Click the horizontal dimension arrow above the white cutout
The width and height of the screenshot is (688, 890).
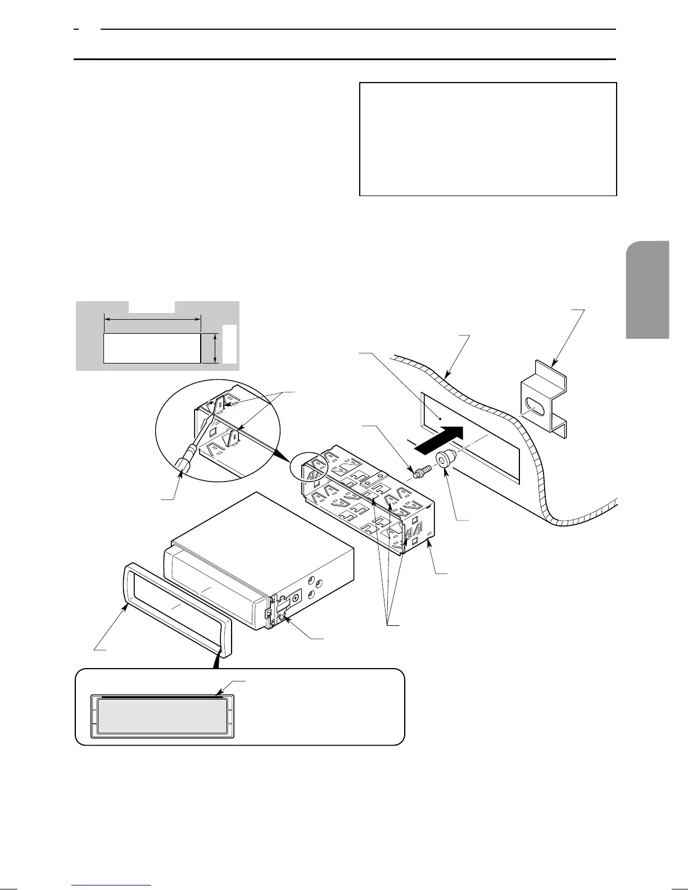click(152, 319)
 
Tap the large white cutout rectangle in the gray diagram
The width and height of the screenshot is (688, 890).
click(152, 348)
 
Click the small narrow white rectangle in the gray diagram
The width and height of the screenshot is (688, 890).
click(229, 343)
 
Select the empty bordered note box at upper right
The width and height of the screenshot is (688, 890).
click(488, 139)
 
